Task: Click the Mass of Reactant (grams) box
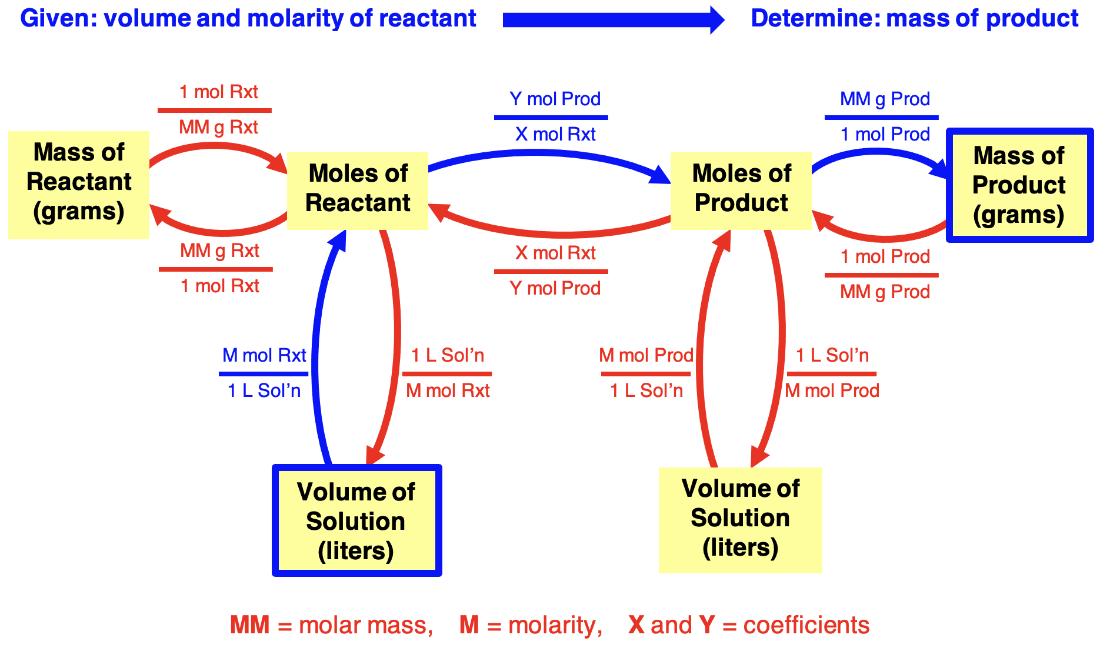click(79, 185)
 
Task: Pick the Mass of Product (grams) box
click(1019, 185)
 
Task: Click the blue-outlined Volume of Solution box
click(356, 520)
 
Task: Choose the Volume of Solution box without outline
click(740, 520)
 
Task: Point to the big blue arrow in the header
click(614, 20)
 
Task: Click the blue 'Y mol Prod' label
click(555, 99)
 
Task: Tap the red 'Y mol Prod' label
click(555, 288)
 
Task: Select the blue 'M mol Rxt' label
click(264, 355)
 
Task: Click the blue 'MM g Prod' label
click(885, 99)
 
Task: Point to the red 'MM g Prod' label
click(885, 292)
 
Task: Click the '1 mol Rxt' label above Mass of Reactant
click(218, 92)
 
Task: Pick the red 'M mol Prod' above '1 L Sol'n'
click(646, 355)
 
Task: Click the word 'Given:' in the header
click(58, 18)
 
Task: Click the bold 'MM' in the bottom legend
click(250, 625)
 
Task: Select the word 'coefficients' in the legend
click(806, 625)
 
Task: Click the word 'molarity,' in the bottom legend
click(555, 626)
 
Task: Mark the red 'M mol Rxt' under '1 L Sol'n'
click(448, 390)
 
